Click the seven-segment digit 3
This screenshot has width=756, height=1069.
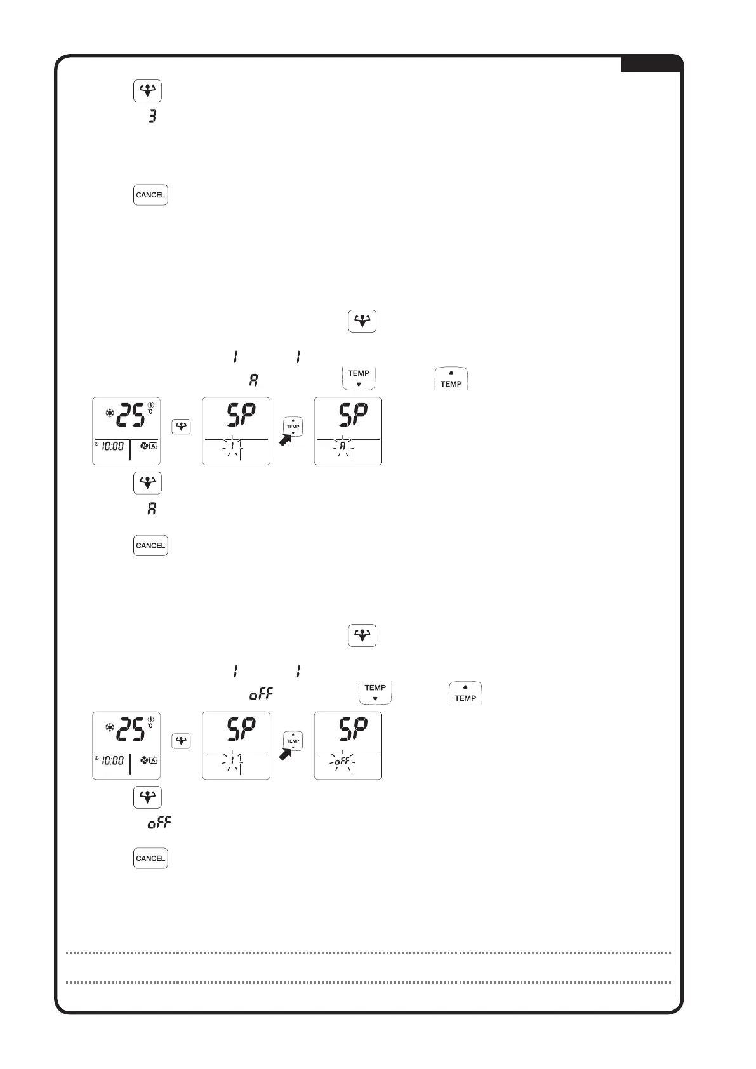coord(152,116)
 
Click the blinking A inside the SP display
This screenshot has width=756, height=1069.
coord(342,446)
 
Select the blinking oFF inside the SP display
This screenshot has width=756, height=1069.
coord(342,760)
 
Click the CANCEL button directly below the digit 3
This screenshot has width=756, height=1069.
coord(150,195)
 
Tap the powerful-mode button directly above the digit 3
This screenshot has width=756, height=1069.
coord(147,91)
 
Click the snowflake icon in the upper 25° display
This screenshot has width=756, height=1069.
coord(109,413)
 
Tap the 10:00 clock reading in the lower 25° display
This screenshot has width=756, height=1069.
coord(113,760)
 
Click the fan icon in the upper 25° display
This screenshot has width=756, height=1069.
coord(145,446)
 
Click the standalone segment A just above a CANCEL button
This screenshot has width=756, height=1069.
coord(152,509)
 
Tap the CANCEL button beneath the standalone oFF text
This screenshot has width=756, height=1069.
coord(150,858)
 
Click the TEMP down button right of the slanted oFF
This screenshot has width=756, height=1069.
coord(375,693)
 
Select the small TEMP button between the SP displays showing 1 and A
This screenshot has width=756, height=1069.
coord(293,427)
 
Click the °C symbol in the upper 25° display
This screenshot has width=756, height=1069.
coord(150,410)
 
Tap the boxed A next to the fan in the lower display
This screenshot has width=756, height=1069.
coord(154,760)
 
